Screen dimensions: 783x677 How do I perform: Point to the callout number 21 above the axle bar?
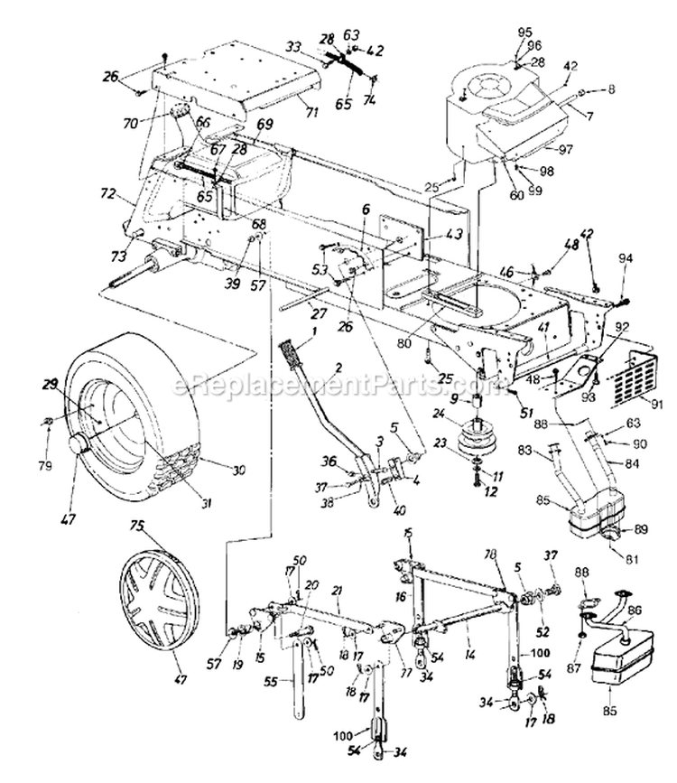[x=337, y=590]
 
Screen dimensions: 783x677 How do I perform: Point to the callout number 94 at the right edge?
[x=625, y=259]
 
